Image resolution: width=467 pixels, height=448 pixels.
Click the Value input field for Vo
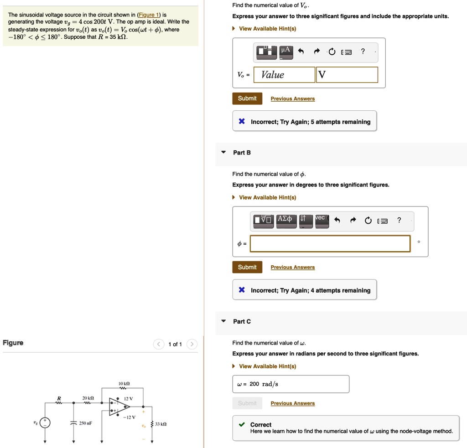click(284, 75)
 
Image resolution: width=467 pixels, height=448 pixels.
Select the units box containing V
click(347, 75)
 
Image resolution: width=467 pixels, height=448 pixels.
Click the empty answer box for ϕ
click(330, 243)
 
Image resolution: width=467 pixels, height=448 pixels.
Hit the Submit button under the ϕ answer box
click(247, 267)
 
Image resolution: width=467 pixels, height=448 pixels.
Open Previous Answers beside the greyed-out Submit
click(292, 403)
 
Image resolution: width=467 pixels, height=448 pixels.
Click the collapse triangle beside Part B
click(223, 153)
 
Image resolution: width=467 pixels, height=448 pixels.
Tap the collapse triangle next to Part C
click(223, 321)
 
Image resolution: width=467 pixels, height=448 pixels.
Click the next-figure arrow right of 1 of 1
click(192, 344)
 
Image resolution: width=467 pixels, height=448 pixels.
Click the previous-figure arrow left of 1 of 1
click(158, 344)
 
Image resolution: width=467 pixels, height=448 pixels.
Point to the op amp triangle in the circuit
click(119, 407)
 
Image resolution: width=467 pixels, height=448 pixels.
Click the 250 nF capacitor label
click(86, 423)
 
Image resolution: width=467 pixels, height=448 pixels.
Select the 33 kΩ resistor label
click(161, 424)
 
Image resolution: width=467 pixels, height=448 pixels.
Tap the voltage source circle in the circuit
click(45, 423)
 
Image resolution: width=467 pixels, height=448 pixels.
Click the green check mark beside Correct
click(242, 425)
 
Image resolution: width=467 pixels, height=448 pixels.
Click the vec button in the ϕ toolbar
click(320, 218)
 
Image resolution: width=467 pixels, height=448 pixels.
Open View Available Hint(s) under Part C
click(267, 366)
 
